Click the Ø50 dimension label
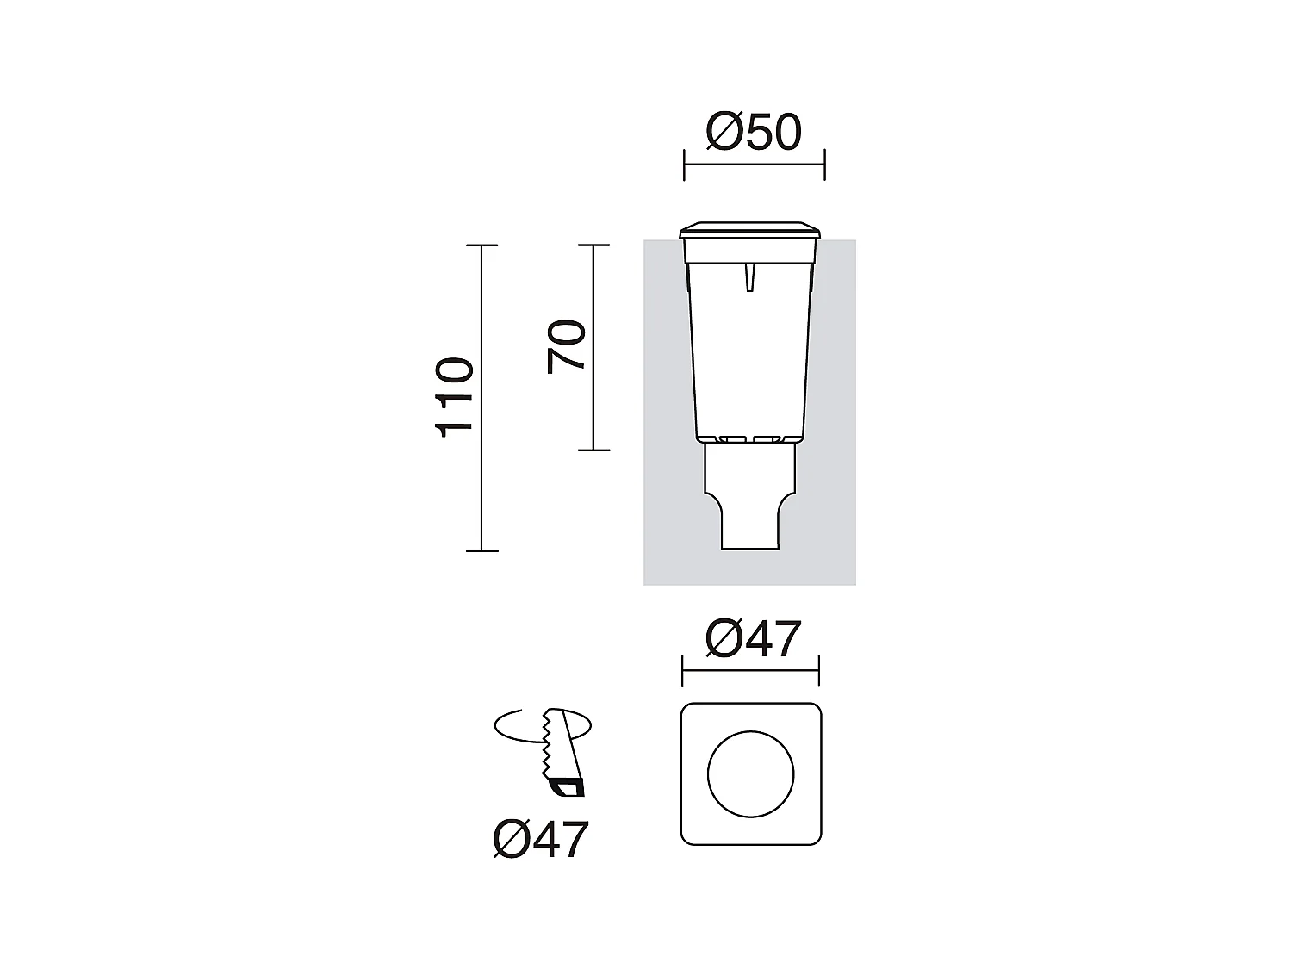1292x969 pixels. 754,132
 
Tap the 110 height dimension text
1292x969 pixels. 456,398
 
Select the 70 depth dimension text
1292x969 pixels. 566,346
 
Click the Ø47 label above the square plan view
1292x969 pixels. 753,638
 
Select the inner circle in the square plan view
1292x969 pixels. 751,773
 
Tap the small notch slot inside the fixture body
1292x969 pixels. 750,277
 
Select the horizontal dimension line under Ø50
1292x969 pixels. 754,165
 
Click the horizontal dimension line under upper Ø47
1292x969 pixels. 750,670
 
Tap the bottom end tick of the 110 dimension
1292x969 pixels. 481,550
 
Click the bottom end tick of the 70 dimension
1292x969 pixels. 593,450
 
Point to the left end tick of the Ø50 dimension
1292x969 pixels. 684,165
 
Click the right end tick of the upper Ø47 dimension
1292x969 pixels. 818,670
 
